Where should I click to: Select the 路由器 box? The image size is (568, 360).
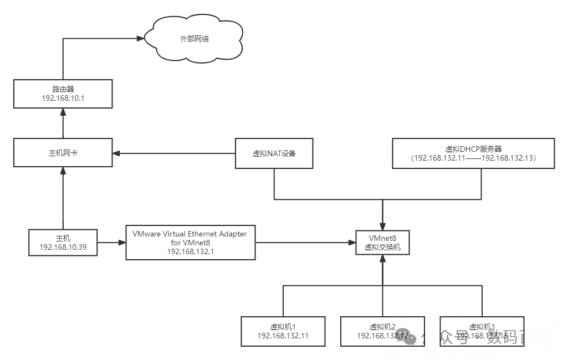[63, 94]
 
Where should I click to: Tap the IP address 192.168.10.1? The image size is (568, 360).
[63, 99]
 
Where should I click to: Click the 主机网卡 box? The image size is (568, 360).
[63, 153]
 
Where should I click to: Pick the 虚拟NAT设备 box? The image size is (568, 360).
[274, 153]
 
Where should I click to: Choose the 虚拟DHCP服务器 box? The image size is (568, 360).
[473, 153]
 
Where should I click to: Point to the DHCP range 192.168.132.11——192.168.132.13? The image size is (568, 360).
[473, 158]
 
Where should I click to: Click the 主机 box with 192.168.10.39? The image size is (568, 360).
[63, 243]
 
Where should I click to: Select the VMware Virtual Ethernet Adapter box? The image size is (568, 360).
[190, 243]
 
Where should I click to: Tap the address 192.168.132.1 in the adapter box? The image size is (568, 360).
[190, 251]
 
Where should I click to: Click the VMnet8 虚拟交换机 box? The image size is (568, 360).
[382, 243]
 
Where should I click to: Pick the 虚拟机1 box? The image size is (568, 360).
[283, 331]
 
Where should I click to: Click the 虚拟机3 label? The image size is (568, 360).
[482, 326]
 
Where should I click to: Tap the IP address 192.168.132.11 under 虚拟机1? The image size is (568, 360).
[283, 336]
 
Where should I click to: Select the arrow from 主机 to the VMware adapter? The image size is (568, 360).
[111, 243]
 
